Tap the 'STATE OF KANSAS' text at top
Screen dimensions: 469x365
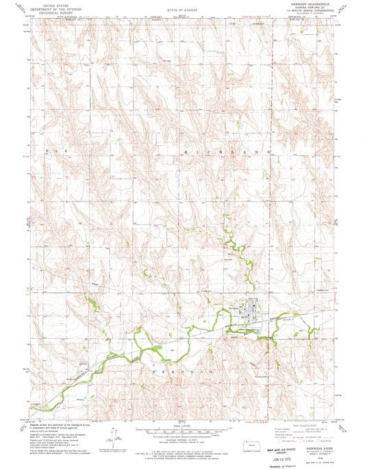181,10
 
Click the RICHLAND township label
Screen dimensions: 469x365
226,147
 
